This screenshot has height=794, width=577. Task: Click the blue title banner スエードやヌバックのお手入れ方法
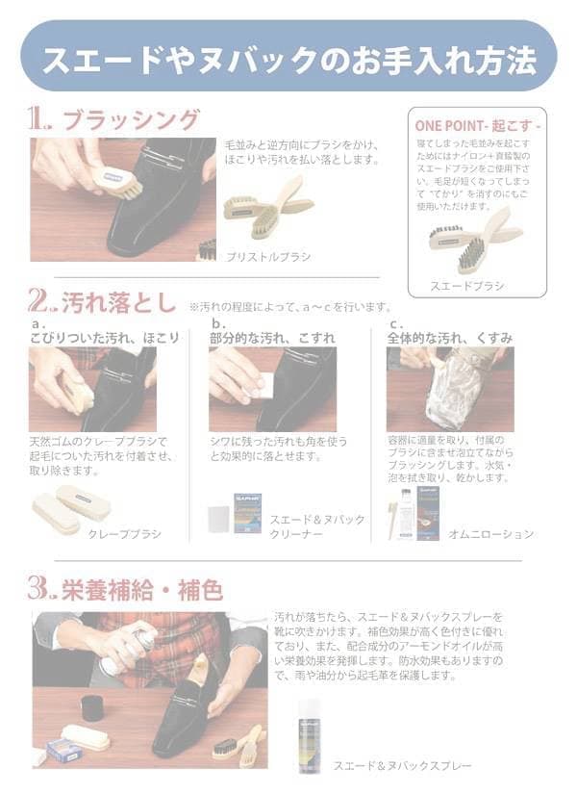(288, 58)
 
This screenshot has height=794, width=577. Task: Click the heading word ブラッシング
(130, 120)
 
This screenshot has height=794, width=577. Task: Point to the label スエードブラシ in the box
(466, 286)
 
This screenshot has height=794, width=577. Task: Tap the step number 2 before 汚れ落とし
(42, 304)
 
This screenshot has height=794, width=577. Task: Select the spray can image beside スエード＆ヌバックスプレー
(310, 736)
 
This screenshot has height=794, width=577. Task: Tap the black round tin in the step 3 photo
(92, 708)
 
